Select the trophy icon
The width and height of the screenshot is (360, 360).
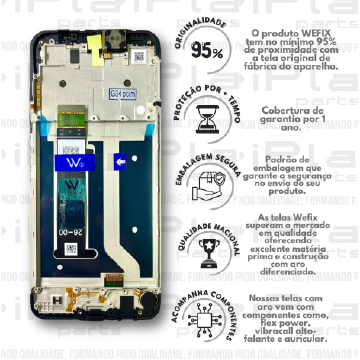click(207, 251)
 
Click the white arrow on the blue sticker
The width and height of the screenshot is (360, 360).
click(120, 160)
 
